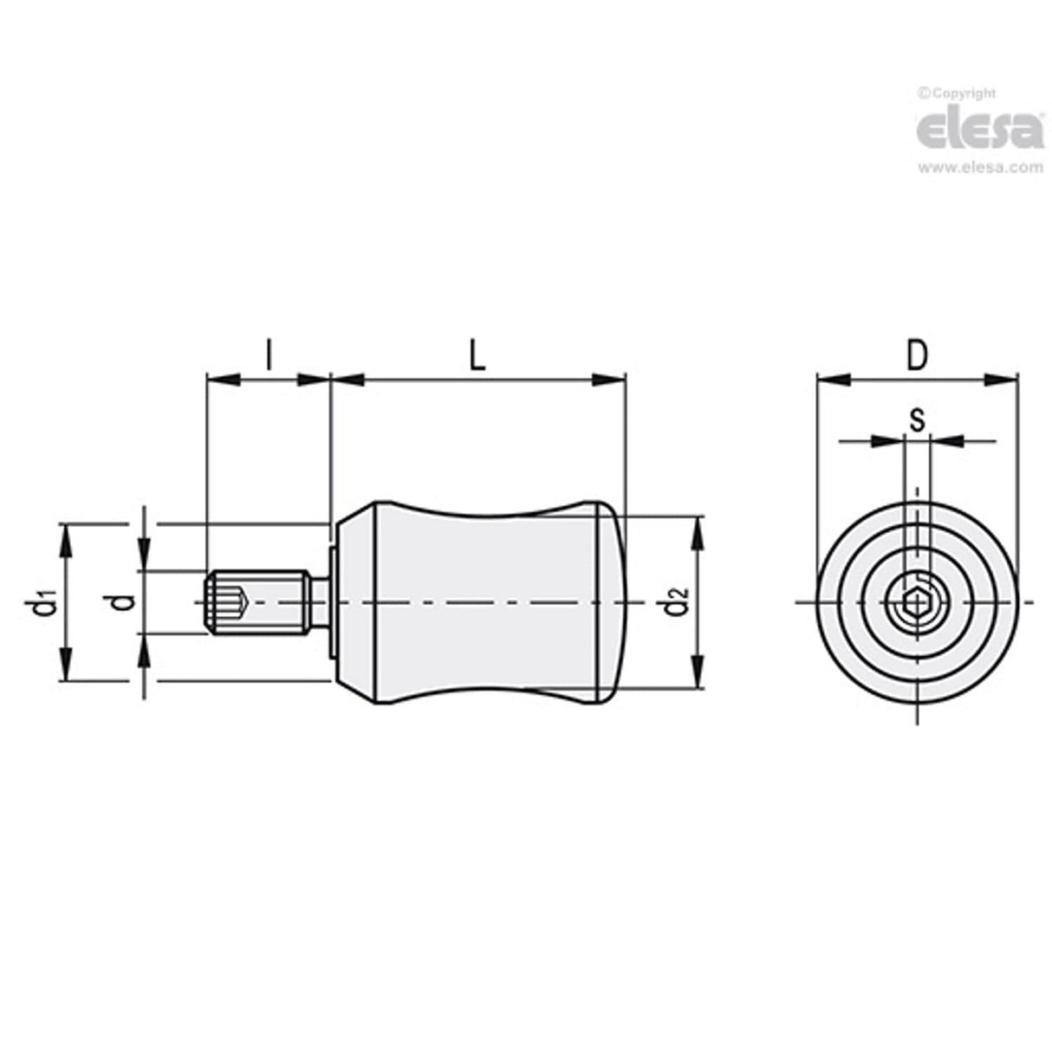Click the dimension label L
477,356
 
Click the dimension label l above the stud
269,355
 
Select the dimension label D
917,356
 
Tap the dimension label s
917,419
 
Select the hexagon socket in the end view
916,602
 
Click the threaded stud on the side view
258,601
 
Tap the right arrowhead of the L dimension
612,379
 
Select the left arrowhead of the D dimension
831,379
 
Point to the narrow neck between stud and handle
321,601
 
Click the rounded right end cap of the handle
610,601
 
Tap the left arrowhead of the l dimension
220,379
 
